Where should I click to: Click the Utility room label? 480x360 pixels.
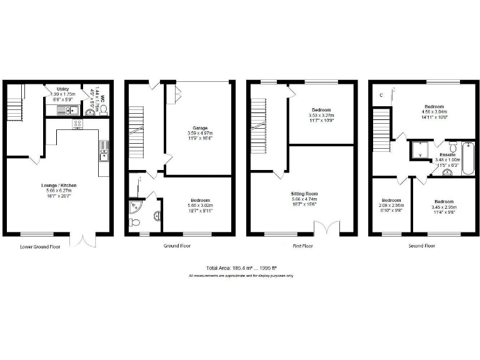tap(62, 89)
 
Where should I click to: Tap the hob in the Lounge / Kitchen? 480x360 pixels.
tap(77, 124)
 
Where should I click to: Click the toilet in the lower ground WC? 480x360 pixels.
tap(104, 109)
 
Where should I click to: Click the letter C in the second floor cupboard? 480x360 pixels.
tap(382, 95)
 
